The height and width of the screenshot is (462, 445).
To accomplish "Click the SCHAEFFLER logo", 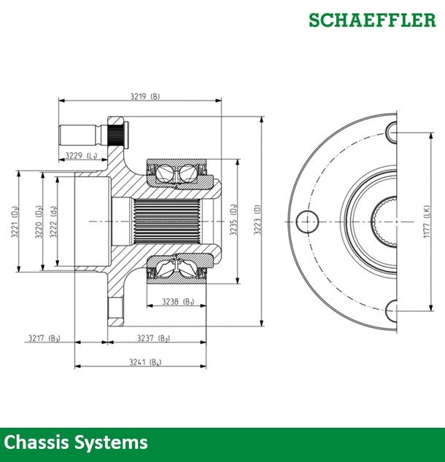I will (x=372, y=20).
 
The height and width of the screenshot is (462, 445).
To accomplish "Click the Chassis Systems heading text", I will (x=76, y=442).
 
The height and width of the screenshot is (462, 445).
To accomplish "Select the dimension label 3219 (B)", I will (x=144, y=96).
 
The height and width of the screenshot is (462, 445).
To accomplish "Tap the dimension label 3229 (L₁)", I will (x=81, y=155).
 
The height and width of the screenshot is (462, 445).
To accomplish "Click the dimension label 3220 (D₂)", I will (x=37, y=222).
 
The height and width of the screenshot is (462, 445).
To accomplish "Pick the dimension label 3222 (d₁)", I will (x=53, y=222).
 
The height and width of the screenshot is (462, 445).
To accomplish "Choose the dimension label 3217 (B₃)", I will (x=44, y=337).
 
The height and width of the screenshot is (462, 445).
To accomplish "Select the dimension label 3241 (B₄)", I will (x=144, y=362).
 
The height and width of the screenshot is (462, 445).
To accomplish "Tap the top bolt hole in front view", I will (x=391, y=131).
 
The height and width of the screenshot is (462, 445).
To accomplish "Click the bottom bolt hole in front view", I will (x=391, y=309).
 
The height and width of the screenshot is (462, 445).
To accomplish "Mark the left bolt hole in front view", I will (x=306, y=220).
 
